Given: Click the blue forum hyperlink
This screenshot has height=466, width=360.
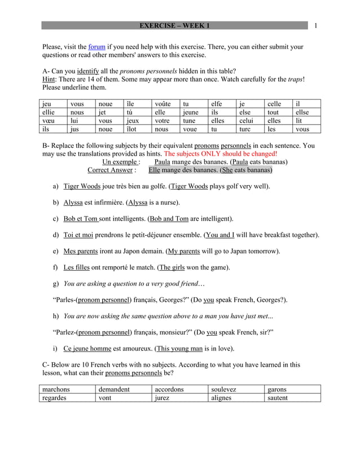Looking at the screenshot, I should pyautogui.click(x=97, y=47).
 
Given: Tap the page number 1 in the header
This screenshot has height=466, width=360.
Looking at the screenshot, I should pyautogui.click(x=316, y=25).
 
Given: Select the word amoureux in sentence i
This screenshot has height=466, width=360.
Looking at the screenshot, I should pyautogui.click(x=135, y=348).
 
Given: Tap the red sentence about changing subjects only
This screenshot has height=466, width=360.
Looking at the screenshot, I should pyautogui.click(x=220, y=153).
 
